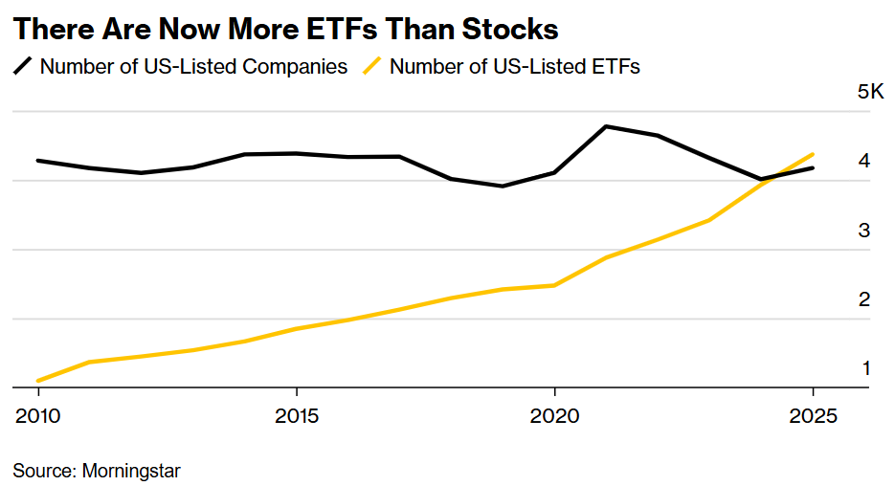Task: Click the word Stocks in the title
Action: [510, 29]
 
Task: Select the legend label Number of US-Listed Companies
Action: [193, 67]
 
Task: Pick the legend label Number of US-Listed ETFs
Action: [515, 67]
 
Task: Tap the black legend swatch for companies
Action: [23, 67]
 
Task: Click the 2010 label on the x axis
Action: [38, 417]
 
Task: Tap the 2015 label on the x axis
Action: [297, 417]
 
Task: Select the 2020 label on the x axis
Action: [555, 417]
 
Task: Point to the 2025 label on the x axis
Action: [813, 417]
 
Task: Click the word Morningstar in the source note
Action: [131, 471]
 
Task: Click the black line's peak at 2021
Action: [606, 126]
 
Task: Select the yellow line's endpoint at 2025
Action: [813, 154]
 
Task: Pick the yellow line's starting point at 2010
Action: [38, 381]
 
